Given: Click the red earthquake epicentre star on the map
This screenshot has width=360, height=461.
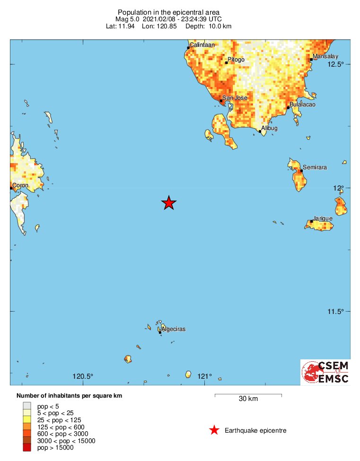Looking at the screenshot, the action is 169,203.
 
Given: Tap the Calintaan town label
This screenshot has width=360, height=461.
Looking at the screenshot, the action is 202,45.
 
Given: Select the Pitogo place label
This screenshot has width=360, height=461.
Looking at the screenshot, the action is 236,60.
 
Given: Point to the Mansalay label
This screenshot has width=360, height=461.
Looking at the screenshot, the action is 325,56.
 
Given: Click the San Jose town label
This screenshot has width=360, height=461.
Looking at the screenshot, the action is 235,98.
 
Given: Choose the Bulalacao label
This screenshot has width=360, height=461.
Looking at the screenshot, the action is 303,104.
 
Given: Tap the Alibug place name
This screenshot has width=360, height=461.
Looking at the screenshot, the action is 269,128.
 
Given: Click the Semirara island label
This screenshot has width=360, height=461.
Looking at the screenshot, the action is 315,167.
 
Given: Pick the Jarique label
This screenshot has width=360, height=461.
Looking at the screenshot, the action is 323,218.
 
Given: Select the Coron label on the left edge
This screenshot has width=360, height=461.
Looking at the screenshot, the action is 20,185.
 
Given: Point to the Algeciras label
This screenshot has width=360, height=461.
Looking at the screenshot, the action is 173,329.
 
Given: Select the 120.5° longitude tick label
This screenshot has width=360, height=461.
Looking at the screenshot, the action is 83,376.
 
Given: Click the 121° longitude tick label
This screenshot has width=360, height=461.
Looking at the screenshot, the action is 205,376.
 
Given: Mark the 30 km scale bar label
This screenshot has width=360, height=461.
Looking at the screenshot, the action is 248,399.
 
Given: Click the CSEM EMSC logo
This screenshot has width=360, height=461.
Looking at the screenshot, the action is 325,372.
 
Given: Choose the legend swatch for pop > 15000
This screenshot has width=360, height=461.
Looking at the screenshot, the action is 27,447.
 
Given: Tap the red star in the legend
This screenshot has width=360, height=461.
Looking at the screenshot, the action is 214,430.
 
